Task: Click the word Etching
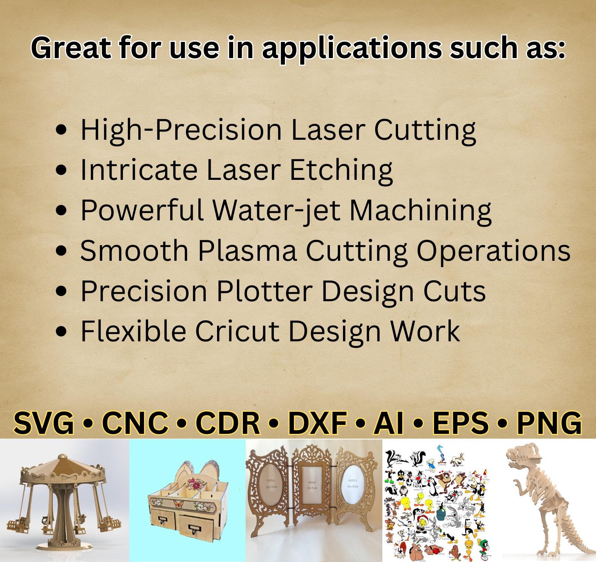341,170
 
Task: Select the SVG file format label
44,423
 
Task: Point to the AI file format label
388,423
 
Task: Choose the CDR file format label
228,423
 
